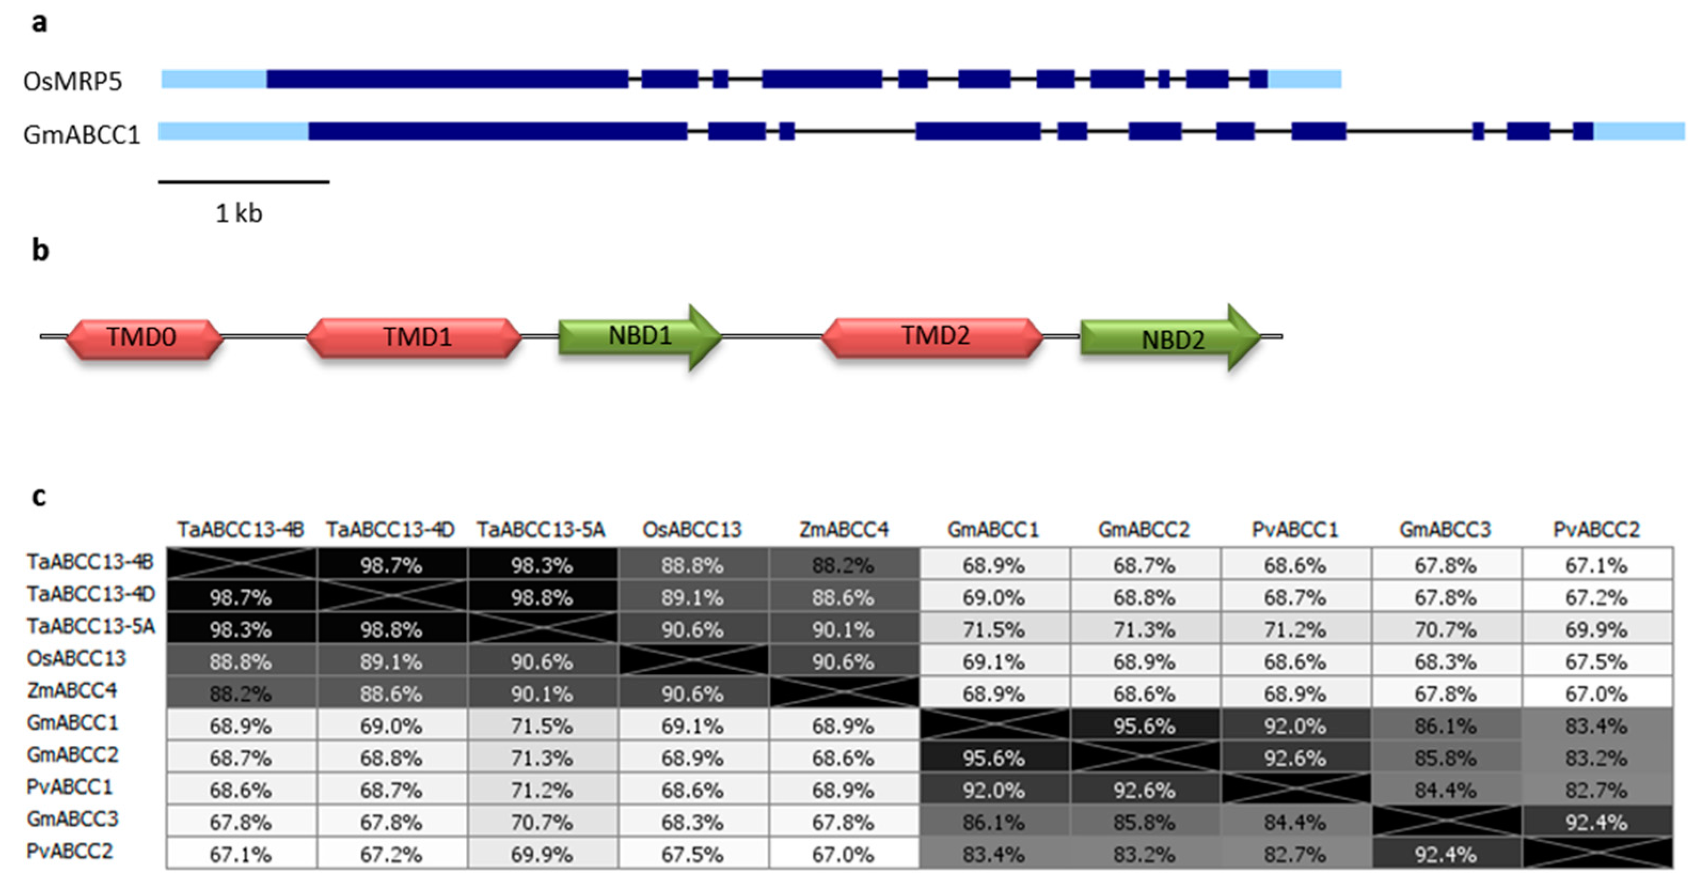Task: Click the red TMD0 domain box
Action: point(142,337)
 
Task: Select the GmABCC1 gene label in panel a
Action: point(82,135)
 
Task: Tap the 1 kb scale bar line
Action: point(244,181)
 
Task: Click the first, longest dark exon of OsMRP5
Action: point(447,80)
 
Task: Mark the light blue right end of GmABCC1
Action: point(1639,131)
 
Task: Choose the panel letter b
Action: point(41,251)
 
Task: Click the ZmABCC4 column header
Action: point(843,530)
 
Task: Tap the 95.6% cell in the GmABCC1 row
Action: point(1144,725)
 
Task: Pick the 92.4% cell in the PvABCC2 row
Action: point(1445,854)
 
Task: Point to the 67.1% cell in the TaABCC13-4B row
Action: point(1596,565)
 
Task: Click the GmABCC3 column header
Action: point(1445,530)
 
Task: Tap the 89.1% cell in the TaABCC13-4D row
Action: point(693,597)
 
